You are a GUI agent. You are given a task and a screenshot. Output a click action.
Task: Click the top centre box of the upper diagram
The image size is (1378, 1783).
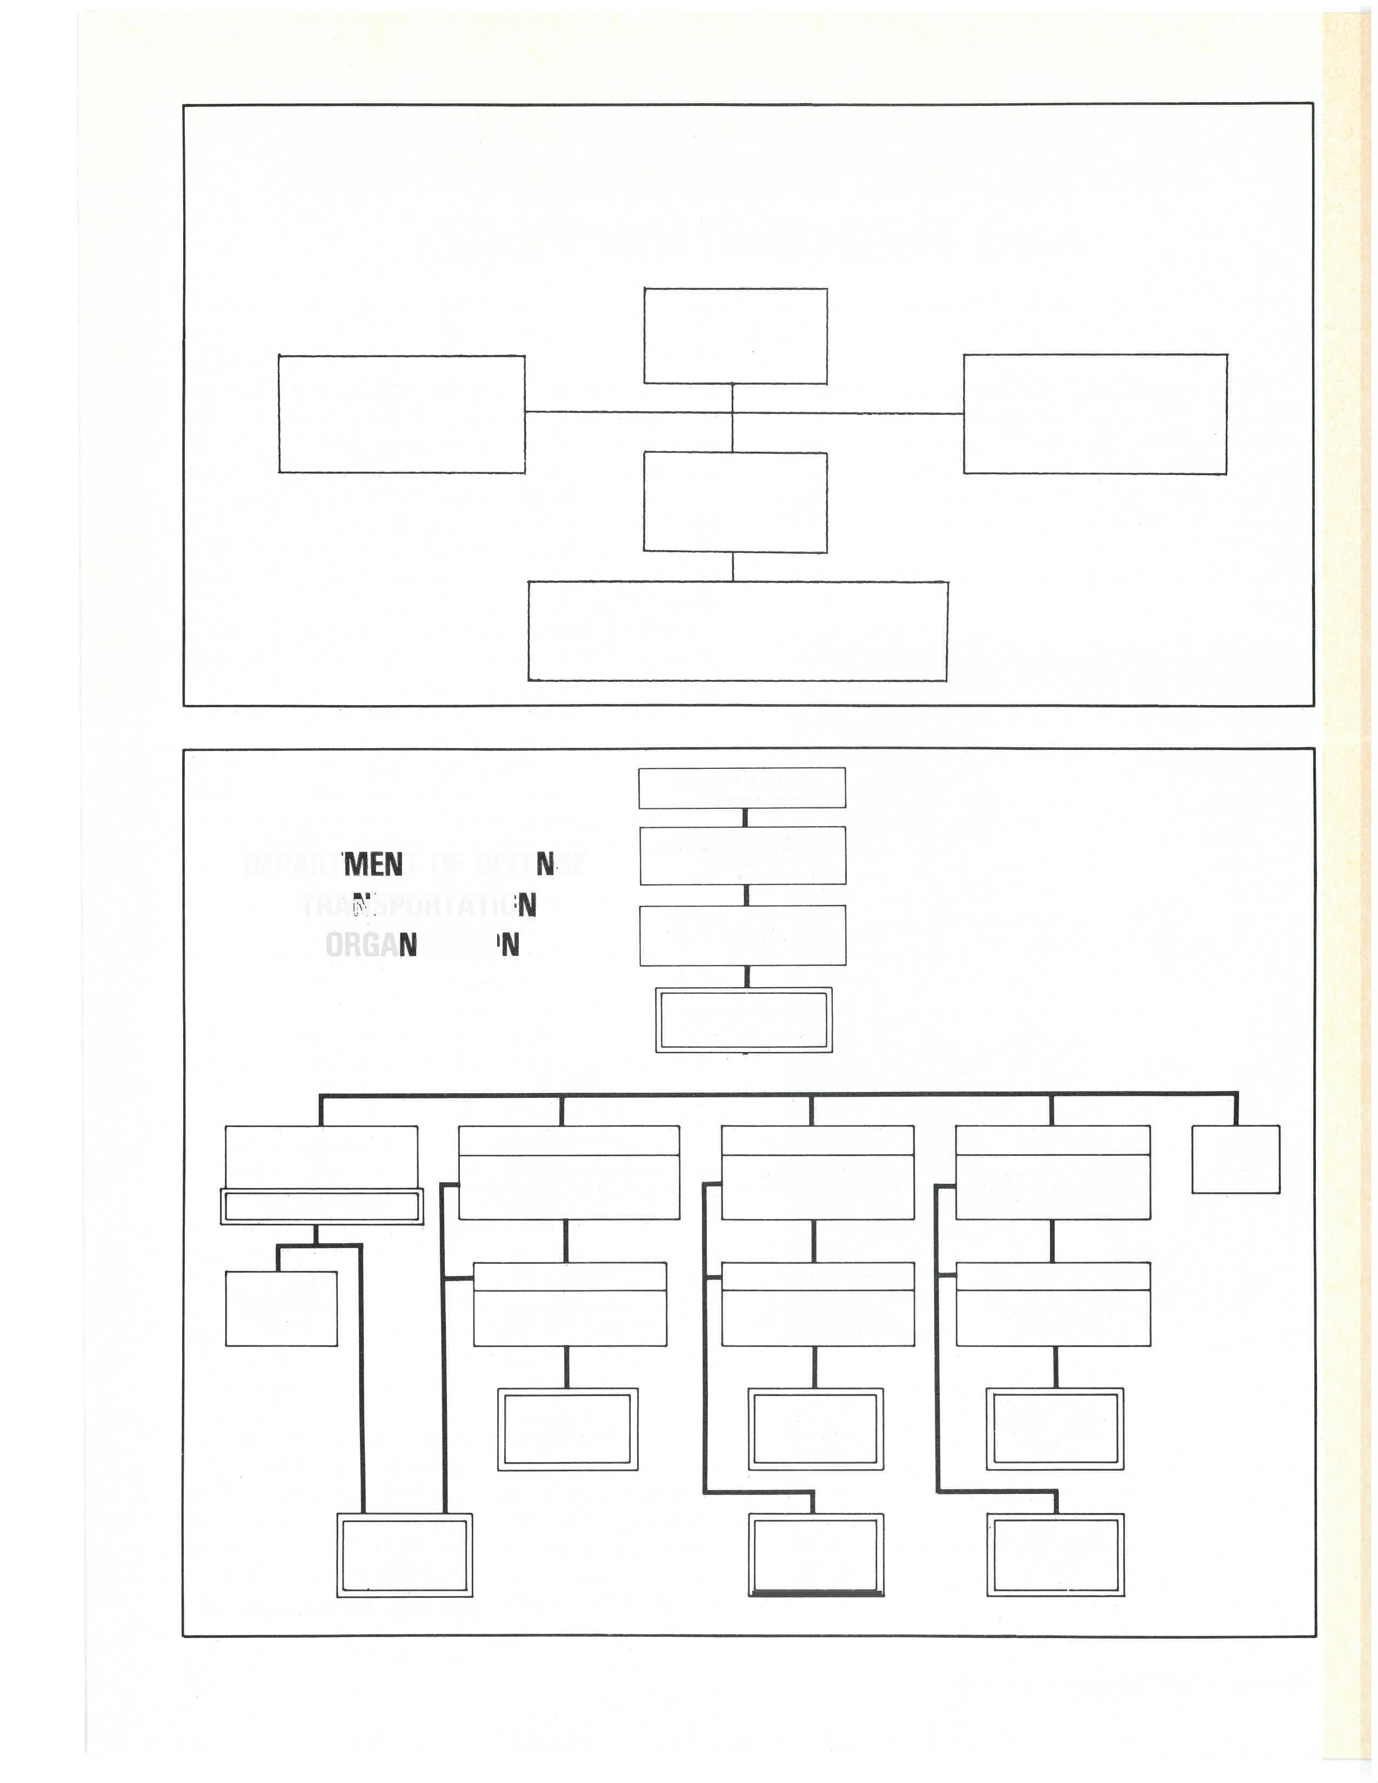735,335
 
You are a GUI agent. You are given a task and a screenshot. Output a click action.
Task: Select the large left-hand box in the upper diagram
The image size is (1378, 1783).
401,414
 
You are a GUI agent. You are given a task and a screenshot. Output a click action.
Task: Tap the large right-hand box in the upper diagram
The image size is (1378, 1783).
1095,414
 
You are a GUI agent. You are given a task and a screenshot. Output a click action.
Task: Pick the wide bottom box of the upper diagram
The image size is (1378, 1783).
737,631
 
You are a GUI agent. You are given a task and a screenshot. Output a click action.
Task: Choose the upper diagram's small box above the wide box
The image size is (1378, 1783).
735,502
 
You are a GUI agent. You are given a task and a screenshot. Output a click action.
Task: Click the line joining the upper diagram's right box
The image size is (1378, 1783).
849,413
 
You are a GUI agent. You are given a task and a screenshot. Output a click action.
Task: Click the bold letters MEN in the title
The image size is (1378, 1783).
373,864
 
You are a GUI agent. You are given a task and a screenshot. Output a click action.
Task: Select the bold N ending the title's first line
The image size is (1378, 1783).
545,864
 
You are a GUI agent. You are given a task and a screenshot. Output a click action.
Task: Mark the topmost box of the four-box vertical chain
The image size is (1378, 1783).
741,788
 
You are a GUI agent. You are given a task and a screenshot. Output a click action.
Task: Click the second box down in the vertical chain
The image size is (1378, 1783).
742,856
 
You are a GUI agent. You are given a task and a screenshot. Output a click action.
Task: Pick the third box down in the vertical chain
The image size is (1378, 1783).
742,936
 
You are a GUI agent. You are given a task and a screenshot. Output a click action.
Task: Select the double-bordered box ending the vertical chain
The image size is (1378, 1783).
744,1020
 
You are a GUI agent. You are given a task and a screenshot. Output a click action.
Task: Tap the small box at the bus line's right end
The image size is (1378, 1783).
1235,1159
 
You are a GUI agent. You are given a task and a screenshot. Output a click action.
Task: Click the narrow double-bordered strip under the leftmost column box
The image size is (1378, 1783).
322,1206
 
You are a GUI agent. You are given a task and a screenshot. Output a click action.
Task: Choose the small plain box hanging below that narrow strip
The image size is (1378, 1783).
281,1308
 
